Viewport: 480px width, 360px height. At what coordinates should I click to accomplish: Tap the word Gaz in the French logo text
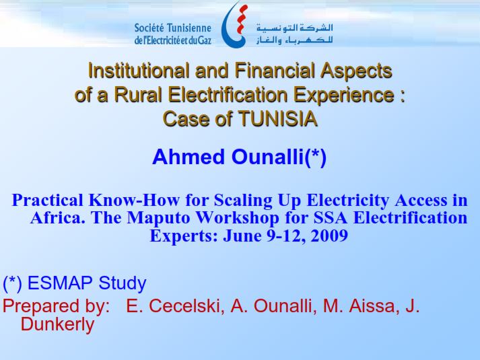[205, 40]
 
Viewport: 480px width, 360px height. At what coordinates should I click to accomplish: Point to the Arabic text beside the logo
[294, 34]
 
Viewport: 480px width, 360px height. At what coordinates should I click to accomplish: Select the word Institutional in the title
[139, 71]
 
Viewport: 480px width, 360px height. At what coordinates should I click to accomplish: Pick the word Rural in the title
[138, 94]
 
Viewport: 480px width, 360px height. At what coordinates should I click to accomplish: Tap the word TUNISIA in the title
[277, 118]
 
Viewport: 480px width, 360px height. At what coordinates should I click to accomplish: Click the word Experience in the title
[344, 95]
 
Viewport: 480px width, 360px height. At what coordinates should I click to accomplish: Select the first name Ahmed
[188, 157]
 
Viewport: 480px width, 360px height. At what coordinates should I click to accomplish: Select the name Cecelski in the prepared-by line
[184, 306]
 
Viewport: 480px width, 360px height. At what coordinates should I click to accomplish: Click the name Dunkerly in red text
[57, 325]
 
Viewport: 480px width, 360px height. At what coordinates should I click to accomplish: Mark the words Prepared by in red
[57, 307]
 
